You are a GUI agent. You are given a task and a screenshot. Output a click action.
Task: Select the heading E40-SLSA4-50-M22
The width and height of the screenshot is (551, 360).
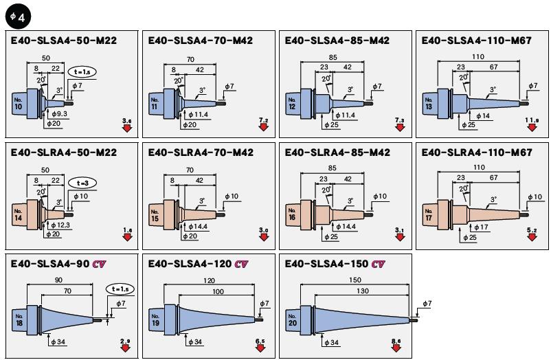pos(64,41)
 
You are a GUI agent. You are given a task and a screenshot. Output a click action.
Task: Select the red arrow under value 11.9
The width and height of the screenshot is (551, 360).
pos(532,129)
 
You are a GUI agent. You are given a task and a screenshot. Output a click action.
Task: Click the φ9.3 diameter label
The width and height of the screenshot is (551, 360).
pos(59,113)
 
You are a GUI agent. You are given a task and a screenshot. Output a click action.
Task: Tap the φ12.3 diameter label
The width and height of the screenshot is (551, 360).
pos(60,225)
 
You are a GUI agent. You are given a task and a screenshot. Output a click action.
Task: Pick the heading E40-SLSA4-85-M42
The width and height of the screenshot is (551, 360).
pos(337,41)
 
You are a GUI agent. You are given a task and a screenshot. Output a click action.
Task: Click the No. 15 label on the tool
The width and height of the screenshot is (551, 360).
pos(155,214)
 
